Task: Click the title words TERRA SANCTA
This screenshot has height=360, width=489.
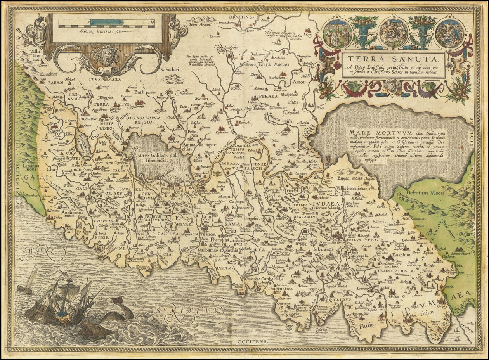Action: pyautogui.click(x=392, y=59)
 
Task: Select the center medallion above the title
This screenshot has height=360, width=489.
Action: pyautogui.click(x=393, y=33)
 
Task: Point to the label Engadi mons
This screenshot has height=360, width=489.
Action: pyautogui.click(x=349, y=178)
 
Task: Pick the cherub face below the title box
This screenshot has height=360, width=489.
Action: pyautogui.click(x=392, y=84)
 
